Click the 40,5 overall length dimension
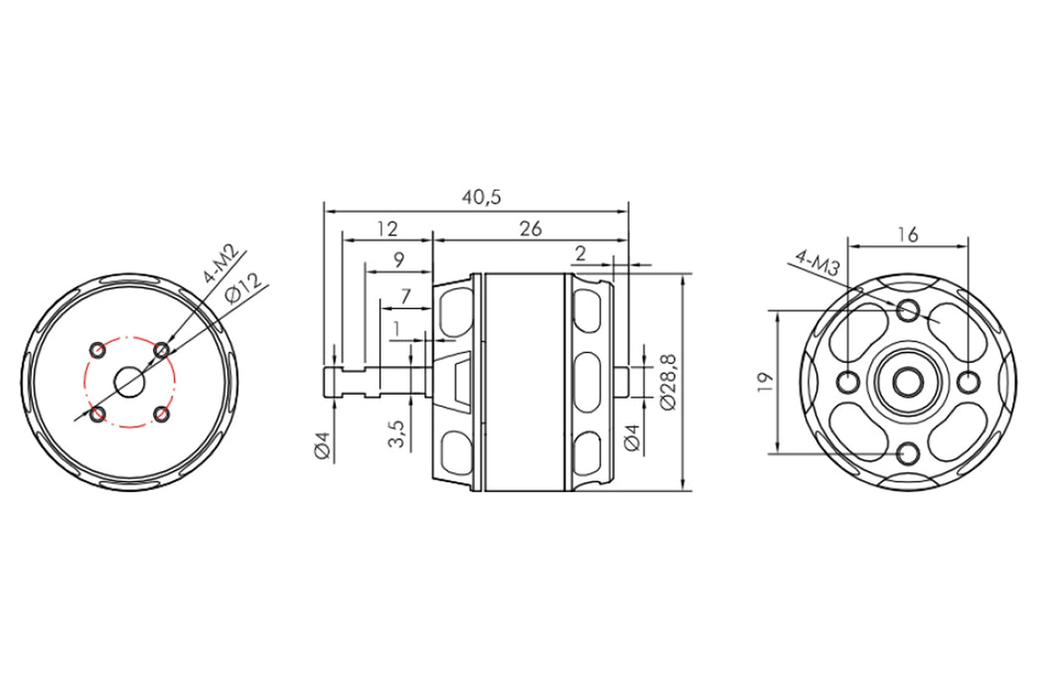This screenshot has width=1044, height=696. [481, 197]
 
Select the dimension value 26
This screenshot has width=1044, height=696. [530, 229]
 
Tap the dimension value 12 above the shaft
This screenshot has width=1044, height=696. [386, 229]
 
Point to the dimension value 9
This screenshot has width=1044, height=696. [398, 260]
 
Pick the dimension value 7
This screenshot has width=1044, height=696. [405, 294]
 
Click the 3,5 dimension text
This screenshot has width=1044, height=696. [397, 434]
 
